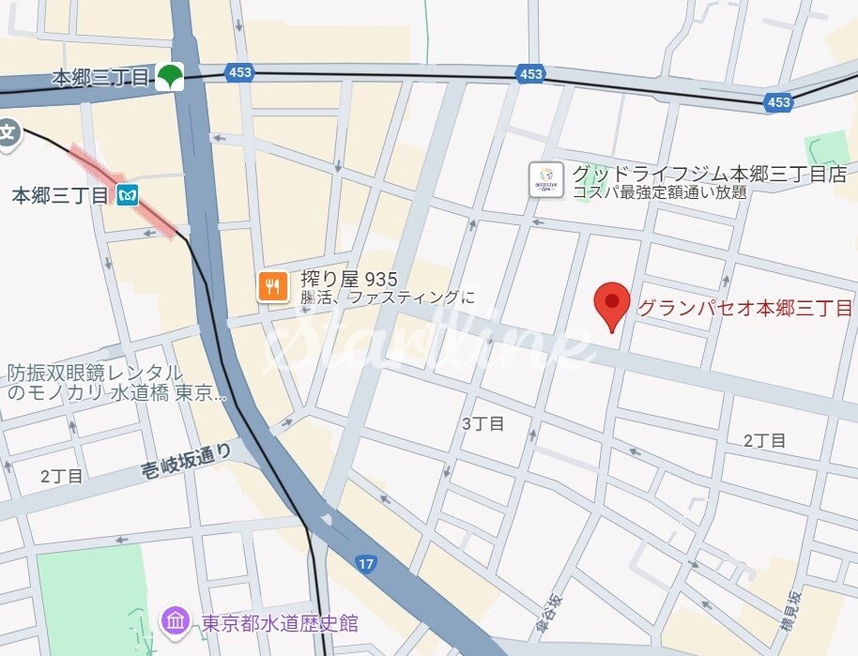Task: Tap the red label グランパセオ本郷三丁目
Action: click(744, 308)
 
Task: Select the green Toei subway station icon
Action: click(170, 77)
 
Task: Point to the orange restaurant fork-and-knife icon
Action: click(272, 286)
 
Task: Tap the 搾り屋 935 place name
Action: click(349, 279)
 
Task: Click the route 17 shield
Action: click(366, 563)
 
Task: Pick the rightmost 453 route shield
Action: click(778, 102)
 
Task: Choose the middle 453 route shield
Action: click(530, 74)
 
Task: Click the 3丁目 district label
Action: click(483, 423)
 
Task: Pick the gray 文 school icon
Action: click(8, 131)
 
